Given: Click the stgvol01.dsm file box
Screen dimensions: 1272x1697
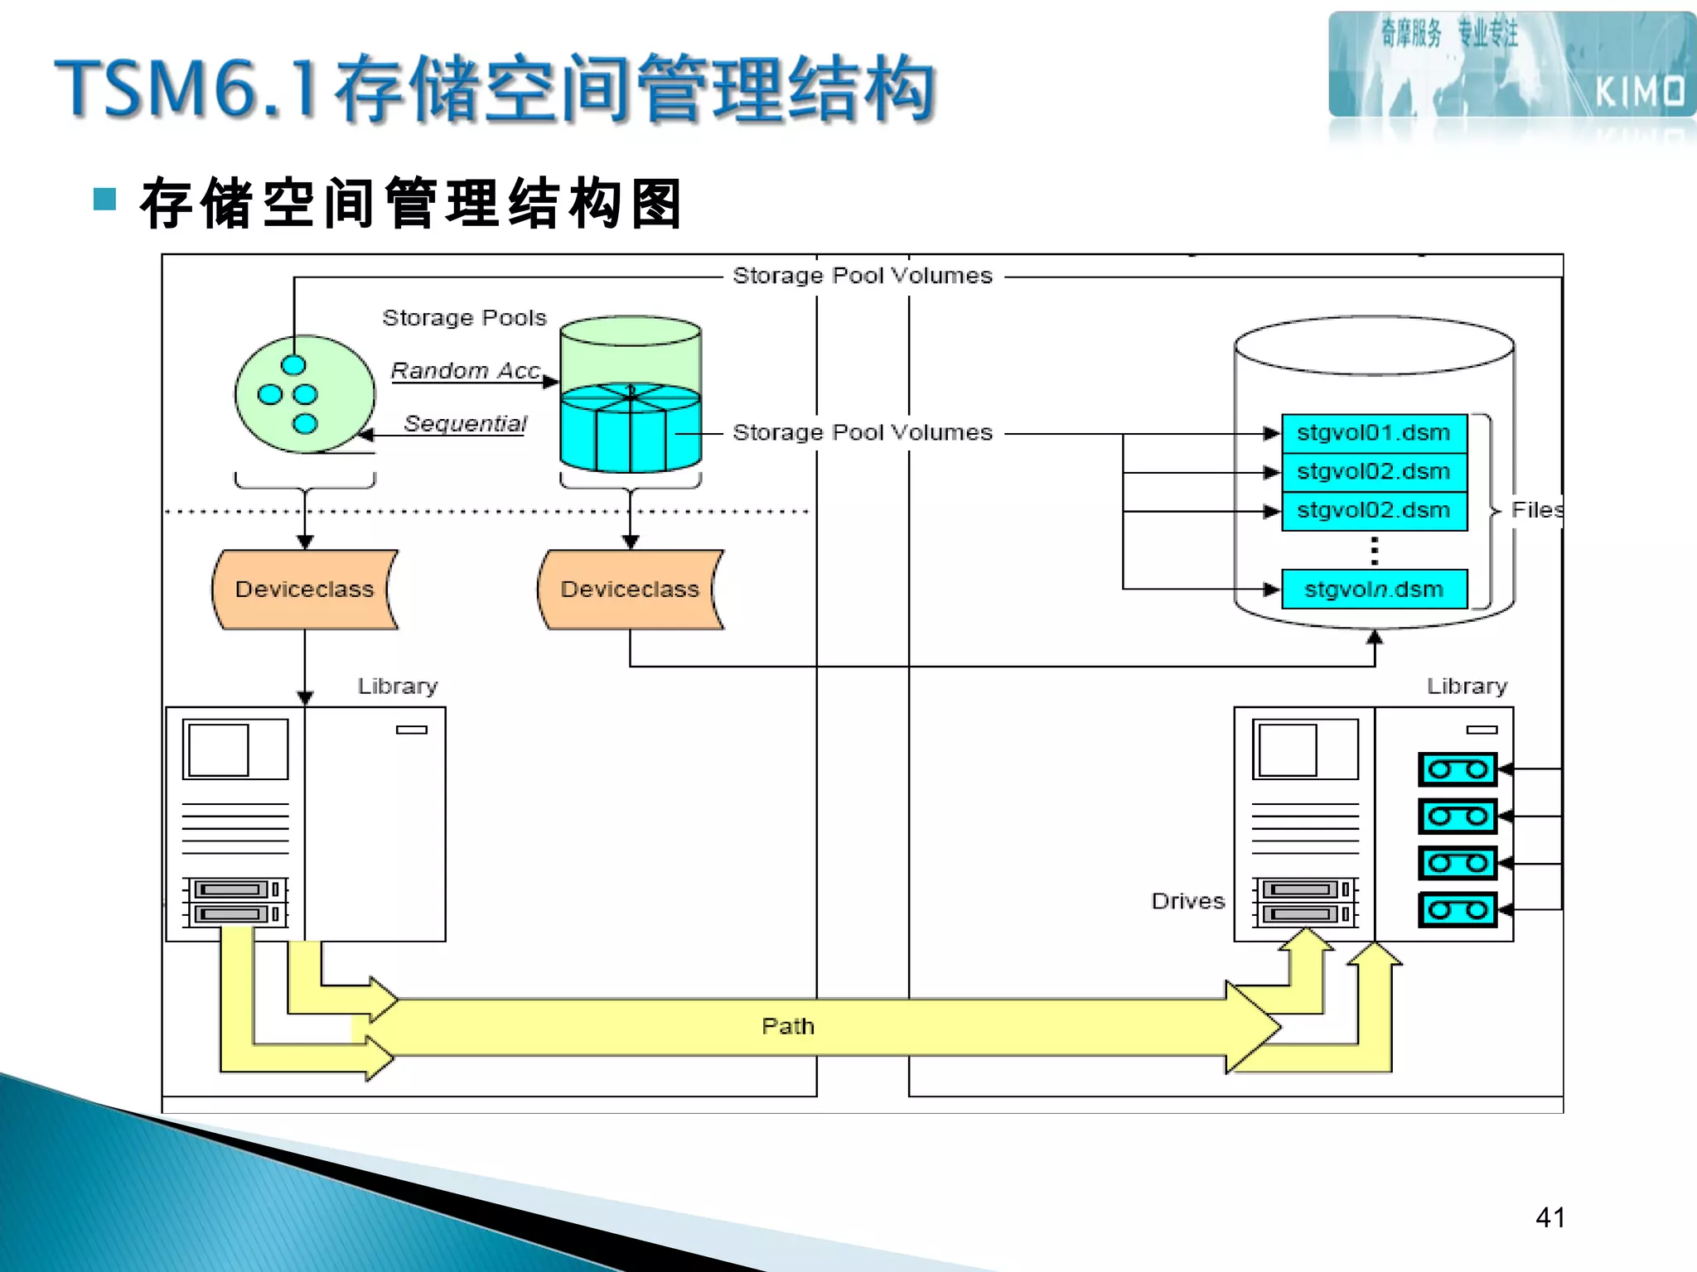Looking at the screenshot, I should pos(1374,433).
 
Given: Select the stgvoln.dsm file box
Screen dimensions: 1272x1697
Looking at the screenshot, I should pos(1374,590).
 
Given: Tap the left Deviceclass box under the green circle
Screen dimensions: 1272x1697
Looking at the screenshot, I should pos(304,590).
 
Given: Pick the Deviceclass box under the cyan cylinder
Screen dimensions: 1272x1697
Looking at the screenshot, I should pos(630,590).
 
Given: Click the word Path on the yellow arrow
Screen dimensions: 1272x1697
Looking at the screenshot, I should pos(787,1027).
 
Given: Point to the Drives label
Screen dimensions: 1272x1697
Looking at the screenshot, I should pos(1187,901).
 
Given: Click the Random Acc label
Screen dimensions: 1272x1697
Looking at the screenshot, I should pos(466,371).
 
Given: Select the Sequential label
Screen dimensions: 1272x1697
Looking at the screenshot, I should pos(465,424).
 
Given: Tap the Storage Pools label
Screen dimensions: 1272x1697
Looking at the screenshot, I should pos(464,318).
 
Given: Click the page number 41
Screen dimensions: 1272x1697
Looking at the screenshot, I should pos(1550,1217).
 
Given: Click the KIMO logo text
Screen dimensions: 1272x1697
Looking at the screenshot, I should pos(1639,92).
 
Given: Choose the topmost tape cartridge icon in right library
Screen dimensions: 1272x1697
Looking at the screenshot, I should pos(1458,769).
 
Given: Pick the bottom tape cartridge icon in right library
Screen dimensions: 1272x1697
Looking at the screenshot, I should pos(1458,910).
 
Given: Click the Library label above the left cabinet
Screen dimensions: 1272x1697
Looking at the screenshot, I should pos(398,687).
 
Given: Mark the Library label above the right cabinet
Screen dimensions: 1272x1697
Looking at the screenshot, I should pos(1467,687).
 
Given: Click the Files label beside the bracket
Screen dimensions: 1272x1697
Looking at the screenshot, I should pos(1536,510).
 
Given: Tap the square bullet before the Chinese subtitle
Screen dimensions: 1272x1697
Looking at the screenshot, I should pos(105,200).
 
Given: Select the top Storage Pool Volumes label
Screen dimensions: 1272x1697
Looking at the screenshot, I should pos(862,276).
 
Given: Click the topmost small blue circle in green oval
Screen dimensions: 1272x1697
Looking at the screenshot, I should pos(293,365).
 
